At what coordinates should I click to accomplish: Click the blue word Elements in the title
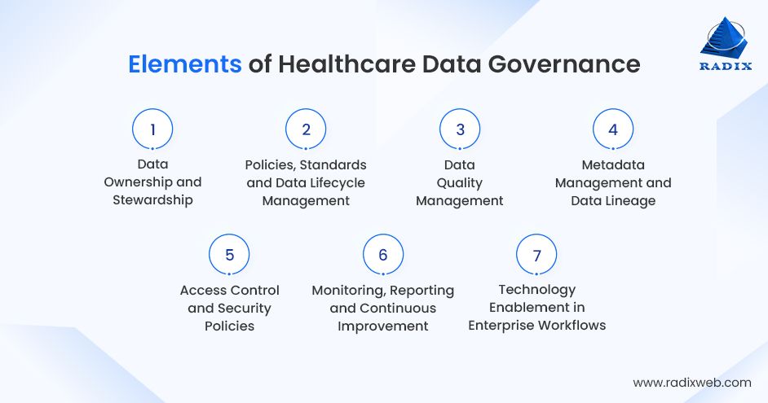click(x=184, y=65)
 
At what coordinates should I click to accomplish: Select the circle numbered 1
click(x=152, y=129)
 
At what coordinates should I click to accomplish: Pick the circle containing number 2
click(x=306, y=129)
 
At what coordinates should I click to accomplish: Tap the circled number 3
click(x=460, y=129)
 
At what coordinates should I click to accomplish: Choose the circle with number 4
click(x=613, y=129)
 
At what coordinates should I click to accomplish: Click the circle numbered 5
click(x=229, y=255)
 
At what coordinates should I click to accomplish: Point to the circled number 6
click(x=383, y=255)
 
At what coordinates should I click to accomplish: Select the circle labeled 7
click(x=536, y=255)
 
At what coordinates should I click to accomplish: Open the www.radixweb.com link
click(x=692, y=382)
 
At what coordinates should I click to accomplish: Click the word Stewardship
click(x=152, y=200)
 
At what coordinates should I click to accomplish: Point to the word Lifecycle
click(x=335, y=182)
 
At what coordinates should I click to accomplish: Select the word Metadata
click(x=613, y=164)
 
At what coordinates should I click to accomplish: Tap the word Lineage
click(x=629, y=200)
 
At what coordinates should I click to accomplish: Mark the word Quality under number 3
click(x=460, y=182)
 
